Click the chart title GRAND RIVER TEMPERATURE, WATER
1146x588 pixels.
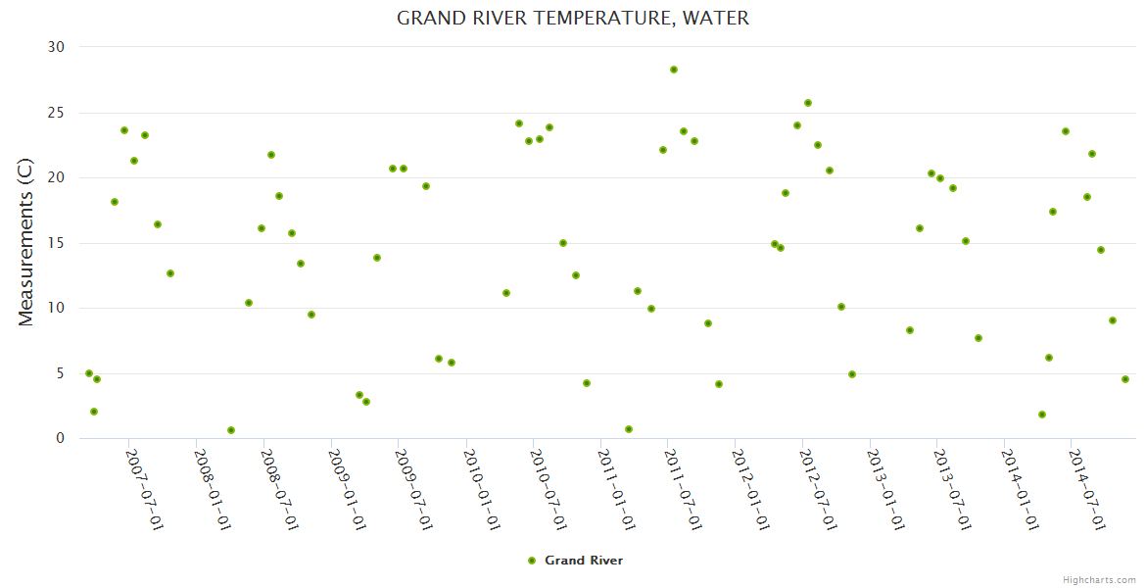pos(573,19)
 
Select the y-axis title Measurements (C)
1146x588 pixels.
pos(26,243)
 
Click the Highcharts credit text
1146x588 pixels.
pos(1099,579)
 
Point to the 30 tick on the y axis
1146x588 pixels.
pos(56,47)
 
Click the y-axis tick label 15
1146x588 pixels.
pos(56,243)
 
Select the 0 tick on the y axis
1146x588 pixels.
pos(60,439)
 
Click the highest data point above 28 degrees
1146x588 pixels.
pos(674,70)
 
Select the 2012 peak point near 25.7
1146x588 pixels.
pos(808,103)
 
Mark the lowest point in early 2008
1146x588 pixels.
pos(231,430)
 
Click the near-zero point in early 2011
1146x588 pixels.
pos(629,429)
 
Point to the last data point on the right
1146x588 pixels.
pos(1125,379)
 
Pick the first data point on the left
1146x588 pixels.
pos(89,373)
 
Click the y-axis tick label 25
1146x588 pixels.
pos(56,113)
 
